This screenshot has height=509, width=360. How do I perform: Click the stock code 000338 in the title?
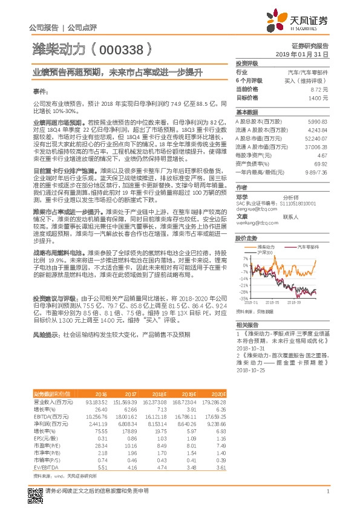click(121, 50)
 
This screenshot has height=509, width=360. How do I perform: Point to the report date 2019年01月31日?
click(306, 54)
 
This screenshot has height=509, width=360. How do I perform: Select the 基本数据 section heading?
click(247, 112)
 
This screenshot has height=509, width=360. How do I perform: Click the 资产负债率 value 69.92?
click(321, 163)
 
